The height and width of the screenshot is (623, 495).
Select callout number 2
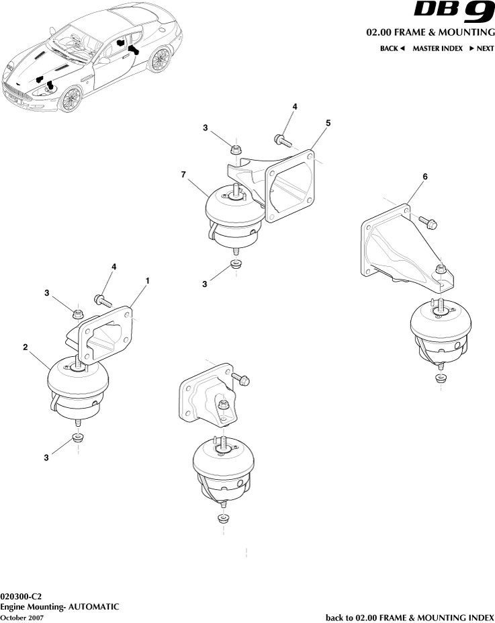(x=25, y=347)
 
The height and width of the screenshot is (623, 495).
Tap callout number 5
(x=328, y=123)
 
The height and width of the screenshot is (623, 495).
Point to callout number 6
(x=424, y=176)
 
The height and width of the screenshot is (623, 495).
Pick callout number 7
(x=183, y=175)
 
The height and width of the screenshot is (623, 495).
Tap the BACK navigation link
(x=392, y=48)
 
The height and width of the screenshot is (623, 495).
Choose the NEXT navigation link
(x=482, y=48)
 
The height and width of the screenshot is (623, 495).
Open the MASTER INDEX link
(x=437, y=48)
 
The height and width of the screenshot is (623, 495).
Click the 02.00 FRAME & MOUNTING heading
(x=430, y=32)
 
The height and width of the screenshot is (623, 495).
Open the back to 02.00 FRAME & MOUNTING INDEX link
(x=410, y=617)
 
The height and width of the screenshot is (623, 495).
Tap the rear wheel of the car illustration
(x=160, y=60)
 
